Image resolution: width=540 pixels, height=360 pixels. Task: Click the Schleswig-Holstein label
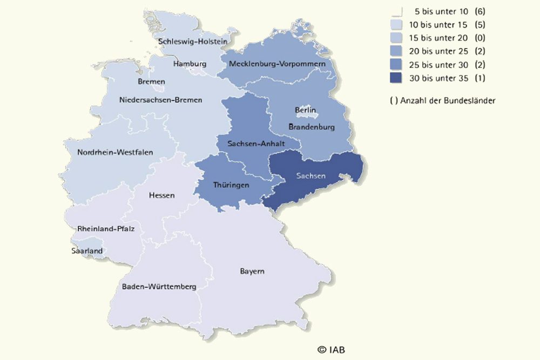pyautogui.click(x=192, y=41)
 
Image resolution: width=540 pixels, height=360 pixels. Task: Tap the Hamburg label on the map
pyautogui.click(x=190, y=64)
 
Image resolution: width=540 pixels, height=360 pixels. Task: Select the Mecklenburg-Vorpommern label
pyautogui.click(x=277, y=64)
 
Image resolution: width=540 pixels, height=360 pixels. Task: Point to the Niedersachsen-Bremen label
pyautogui.click(x=160, y=100)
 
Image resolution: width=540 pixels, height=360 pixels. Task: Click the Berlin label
pyautogui.click(x=305, y=110)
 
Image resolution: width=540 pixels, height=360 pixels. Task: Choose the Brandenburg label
pyautogui.click(x=312, y=127)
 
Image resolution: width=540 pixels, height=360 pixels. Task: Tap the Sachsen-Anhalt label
pyautogui.click(x=256, y=144)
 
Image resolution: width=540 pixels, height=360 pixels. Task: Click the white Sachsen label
pyautogui.click(x=310, y=176)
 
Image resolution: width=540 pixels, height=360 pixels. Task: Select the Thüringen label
pyautogui.click(x=231, y=185)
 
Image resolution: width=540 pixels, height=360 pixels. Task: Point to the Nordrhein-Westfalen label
pyautogui.click(x=111, y=152)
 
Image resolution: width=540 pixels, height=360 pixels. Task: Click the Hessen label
pyautogui.click(x=161, y=195)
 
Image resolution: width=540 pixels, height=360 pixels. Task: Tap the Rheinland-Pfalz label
pyautogui.click(x=106, y=229)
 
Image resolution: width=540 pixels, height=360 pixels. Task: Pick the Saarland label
pyautogui.click(x=87, y=250)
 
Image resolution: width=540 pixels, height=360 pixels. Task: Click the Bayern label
pyautogui.click(x=252, y=271)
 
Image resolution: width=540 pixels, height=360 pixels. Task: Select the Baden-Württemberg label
pyautogui.click(x=159, y=287)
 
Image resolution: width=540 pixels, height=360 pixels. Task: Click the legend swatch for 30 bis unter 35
pyautogui.click(x=397, y=78)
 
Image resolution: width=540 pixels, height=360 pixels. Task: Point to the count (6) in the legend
pyautogui.click(x=480, y=11)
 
